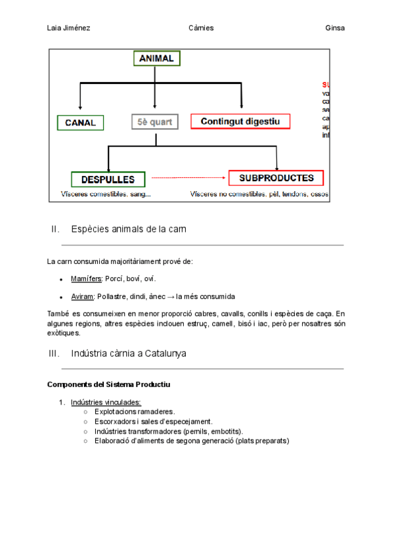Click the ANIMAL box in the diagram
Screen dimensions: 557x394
156,58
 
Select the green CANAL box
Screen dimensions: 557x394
80,122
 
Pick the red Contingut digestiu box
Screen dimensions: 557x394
240,122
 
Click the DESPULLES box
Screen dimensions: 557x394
108,179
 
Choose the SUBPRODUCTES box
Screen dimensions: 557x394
276,178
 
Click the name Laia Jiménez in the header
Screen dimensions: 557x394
69,28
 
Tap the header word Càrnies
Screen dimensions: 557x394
200,28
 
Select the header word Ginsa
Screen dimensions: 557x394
335,28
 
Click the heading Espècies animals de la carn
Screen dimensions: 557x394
129,229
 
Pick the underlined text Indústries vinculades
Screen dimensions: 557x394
106,402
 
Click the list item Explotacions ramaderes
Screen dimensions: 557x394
135,412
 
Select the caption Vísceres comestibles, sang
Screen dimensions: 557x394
106,194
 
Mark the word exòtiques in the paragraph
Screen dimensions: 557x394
64,333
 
